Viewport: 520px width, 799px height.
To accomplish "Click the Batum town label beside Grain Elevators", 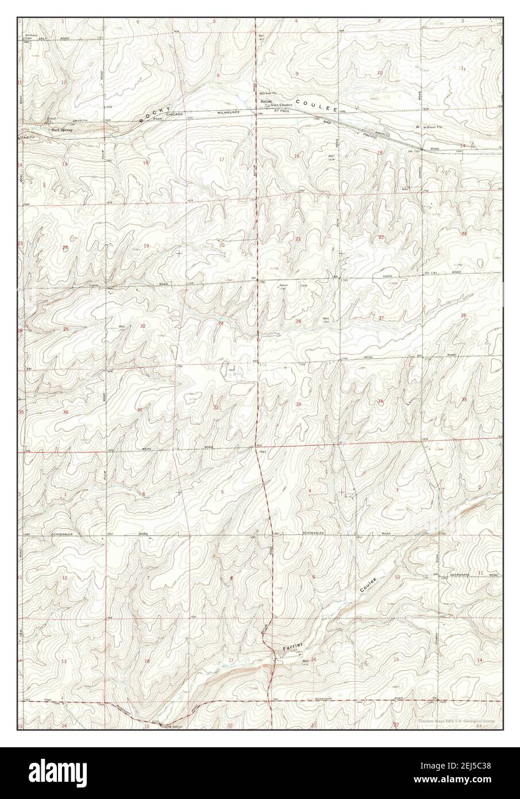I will point(264,101).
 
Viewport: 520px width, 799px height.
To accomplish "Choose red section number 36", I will point(66,412).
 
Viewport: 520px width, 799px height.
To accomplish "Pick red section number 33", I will point(298,405).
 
